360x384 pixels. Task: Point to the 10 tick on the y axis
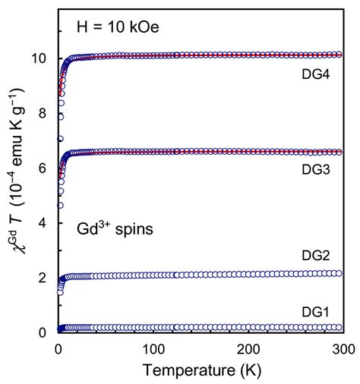[43, 58]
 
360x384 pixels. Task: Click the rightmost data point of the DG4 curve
[339, 55]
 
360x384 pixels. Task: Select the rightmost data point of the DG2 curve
[339, 273]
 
